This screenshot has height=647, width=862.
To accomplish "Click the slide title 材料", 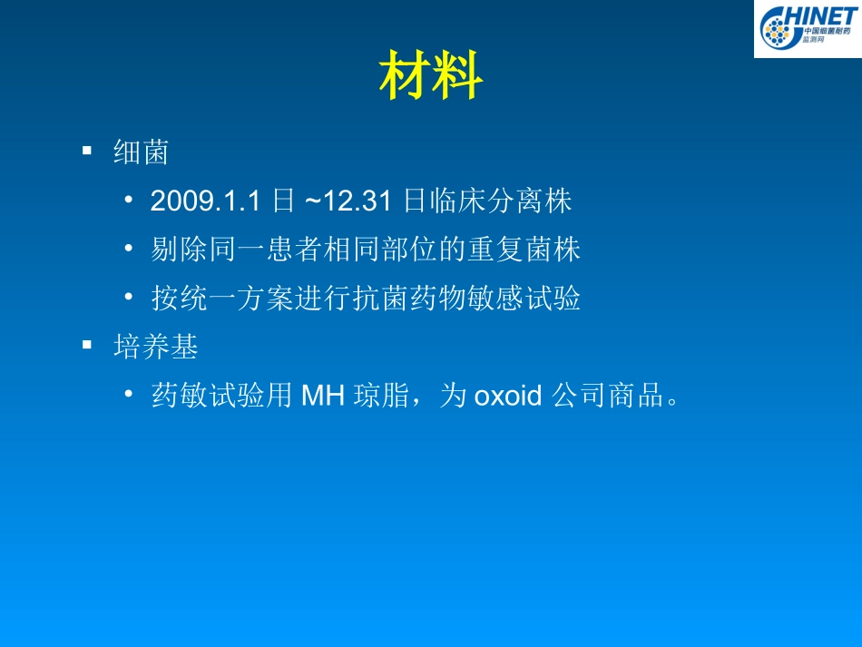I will coord(430,77).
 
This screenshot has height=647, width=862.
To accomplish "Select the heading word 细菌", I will coord(142,152).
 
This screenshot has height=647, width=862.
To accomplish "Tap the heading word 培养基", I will coord(155,346).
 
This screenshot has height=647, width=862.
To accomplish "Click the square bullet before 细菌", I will coord(87,151).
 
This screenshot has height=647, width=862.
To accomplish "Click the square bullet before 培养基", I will coord(87,345).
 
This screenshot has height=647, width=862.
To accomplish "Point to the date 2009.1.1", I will coord(210,201).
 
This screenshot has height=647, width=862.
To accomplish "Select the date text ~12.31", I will coord(348,201).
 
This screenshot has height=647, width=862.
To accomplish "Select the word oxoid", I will coord(507,397).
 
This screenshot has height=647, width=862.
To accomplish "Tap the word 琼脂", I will coord(382,396).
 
